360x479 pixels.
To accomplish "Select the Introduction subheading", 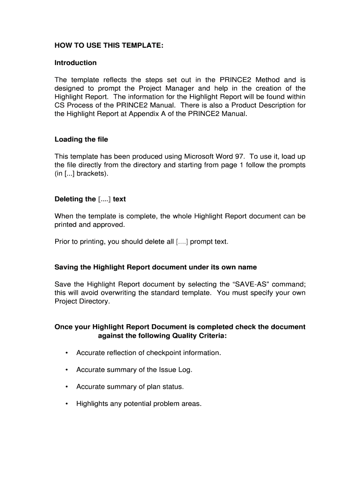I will click(76, 63).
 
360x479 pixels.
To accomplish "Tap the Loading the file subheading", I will click(81, 139).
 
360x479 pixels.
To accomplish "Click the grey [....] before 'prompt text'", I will click(182, 242).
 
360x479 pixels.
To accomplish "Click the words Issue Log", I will click(175, 370).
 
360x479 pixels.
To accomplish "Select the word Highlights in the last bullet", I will click(92, 404).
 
